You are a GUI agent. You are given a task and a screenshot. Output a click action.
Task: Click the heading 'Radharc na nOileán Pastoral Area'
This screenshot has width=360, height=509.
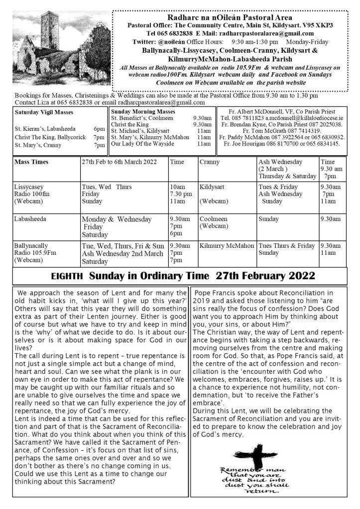tap(230, 17)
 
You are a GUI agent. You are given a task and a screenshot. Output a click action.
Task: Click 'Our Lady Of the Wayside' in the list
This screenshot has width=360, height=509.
tap(142, 144)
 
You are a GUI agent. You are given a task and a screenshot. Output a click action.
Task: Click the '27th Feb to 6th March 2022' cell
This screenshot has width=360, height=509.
tap(119, 162)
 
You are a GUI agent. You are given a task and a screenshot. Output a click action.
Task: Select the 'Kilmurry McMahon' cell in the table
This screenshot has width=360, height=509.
tap(227, 245)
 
